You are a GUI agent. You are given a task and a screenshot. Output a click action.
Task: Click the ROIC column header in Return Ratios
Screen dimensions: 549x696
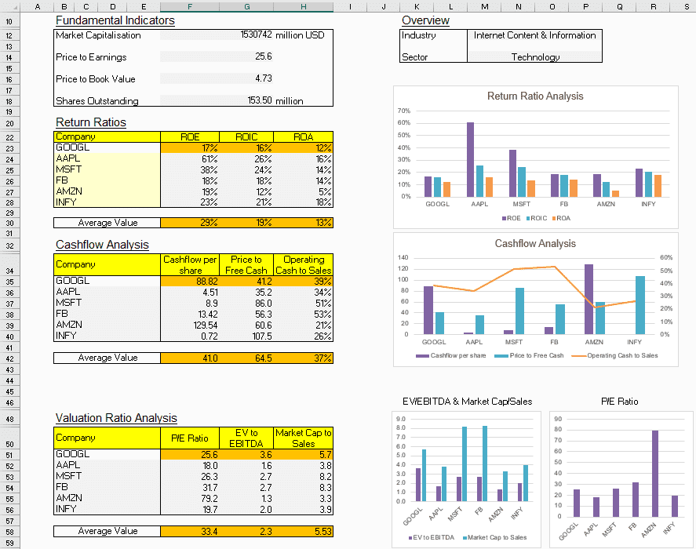coord(246,136)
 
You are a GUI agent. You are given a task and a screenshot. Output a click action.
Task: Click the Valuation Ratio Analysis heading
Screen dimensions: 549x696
coord(116,418)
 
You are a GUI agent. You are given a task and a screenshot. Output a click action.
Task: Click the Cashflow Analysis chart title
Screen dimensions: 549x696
coord(535,244)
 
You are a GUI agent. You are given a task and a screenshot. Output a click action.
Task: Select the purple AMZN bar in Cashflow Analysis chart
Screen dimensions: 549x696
coord(589,299)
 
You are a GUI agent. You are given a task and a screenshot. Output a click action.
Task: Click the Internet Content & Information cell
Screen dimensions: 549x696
coord(534,35)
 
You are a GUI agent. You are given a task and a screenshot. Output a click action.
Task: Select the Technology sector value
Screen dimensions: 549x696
coord(535,57)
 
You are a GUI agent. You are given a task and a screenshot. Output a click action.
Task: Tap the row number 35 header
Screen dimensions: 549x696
coord(9,281)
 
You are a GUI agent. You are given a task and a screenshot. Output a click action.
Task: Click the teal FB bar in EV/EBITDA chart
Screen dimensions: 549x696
coord(486,464)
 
